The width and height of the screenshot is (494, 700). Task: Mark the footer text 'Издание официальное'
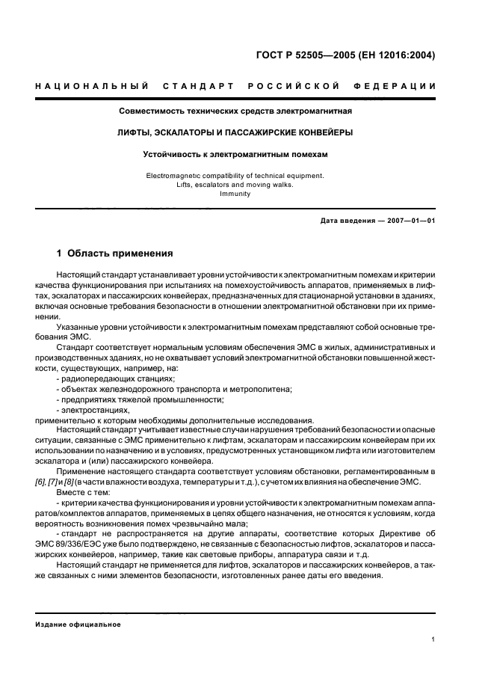tap(78, 624)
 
